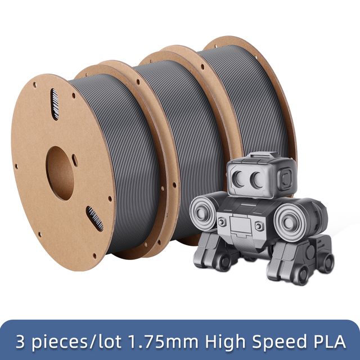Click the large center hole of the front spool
[x=60, y=173]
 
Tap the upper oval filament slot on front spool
[x=55, y=104]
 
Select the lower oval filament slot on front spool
[x=94, y=219]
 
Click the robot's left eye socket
[x=238, y=179]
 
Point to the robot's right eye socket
[x=257, y=180]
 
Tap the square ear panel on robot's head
[x=285, y=179]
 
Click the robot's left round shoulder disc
[x=203, y=214]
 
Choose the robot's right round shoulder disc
[x=290, y=222]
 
